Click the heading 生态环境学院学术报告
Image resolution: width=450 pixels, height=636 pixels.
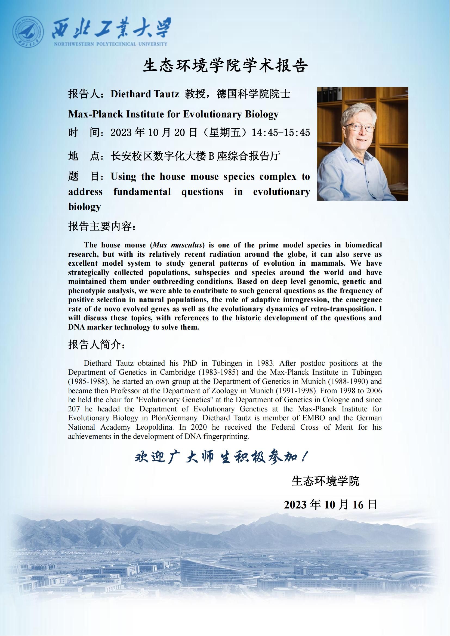coord(225,66)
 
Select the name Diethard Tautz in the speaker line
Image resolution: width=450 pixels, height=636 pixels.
coord(145,94)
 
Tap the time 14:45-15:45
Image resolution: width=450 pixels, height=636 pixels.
coord(281,133)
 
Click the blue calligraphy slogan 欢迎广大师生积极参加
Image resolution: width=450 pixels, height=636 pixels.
coord(220,458)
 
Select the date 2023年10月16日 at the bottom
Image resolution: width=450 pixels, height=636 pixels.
coord(330,505)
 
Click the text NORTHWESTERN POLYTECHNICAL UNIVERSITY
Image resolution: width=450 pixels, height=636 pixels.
coord(110,44)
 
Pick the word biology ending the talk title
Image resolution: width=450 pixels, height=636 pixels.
coord(85,207)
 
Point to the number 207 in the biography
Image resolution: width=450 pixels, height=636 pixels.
coord(74,409)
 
